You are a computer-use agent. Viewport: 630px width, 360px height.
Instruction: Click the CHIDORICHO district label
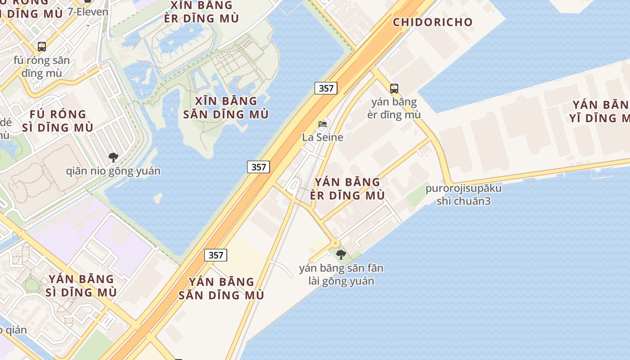pos(432,22)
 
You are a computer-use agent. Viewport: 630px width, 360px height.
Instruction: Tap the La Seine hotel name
pos(323,137)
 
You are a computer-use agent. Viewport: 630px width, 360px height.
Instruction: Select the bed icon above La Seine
pos(323,124)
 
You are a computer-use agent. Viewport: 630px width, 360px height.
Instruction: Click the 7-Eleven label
pos(88,12)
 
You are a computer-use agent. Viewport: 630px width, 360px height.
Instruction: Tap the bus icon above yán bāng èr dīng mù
pos(394,89)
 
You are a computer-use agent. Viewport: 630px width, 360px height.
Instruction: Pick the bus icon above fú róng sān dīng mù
pos(42,46)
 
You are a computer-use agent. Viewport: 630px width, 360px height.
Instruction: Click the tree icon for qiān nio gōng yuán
pos(113,157)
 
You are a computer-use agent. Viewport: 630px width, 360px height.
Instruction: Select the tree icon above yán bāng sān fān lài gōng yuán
pos(341,255)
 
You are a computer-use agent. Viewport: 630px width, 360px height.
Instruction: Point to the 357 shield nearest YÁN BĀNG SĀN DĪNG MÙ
pos(216,255)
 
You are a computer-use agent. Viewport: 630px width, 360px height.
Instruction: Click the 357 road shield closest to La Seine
pos(326,88)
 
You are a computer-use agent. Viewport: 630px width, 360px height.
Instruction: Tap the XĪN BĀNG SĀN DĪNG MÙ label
pos(226,108)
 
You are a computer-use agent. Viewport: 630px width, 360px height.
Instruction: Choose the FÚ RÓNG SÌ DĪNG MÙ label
pos(58,121)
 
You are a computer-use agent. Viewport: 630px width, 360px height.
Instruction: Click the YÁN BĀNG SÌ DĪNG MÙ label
pos(81,286)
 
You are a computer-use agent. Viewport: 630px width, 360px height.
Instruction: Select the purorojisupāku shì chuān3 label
pos(463,194)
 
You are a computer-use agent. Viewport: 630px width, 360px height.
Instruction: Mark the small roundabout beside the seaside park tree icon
pos(335,243)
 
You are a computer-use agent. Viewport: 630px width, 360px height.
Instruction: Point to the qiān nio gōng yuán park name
pos(113,171)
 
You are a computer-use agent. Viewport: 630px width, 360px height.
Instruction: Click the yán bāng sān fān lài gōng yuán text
pos(341,275)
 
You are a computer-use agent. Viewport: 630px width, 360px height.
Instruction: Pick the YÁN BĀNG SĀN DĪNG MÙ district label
pos(221,288)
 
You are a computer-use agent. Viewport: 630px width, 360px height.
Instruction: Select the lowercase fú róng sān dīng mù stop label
pos(42,67)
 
